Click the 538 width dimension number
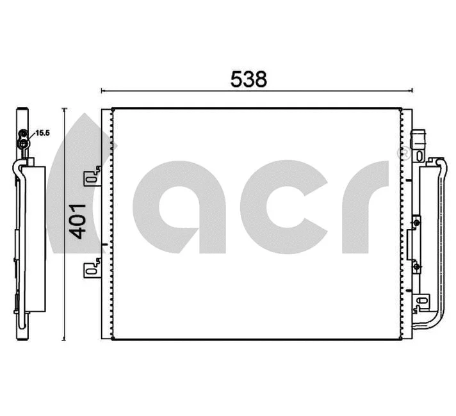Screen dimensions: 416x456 click(248, 79)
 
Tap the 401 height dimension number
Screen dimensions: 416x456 click(77, 221)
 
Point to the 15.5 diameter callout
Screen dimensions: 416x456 click(42, 133)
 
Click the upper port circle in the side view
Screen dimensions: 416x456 click(24, 134)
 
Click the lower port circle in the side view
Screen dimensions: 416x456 click(24, 144)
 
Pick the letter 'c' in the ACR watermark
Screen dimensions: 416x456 click(282, 205)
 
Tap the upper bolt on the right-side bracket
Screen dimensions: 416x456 click(417, 223)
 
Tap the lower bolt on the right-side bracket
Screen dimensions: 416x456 click(417, 264)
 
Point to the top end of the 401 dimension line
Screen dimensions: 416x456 click(65, 109)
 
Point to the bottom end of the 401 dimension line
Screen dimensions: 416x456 click(65, 340)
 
